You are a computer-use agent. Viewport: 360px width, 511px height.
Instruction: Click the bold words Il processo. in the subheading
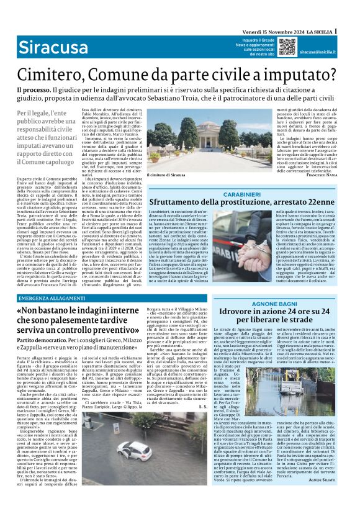[x=35, y=91]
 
